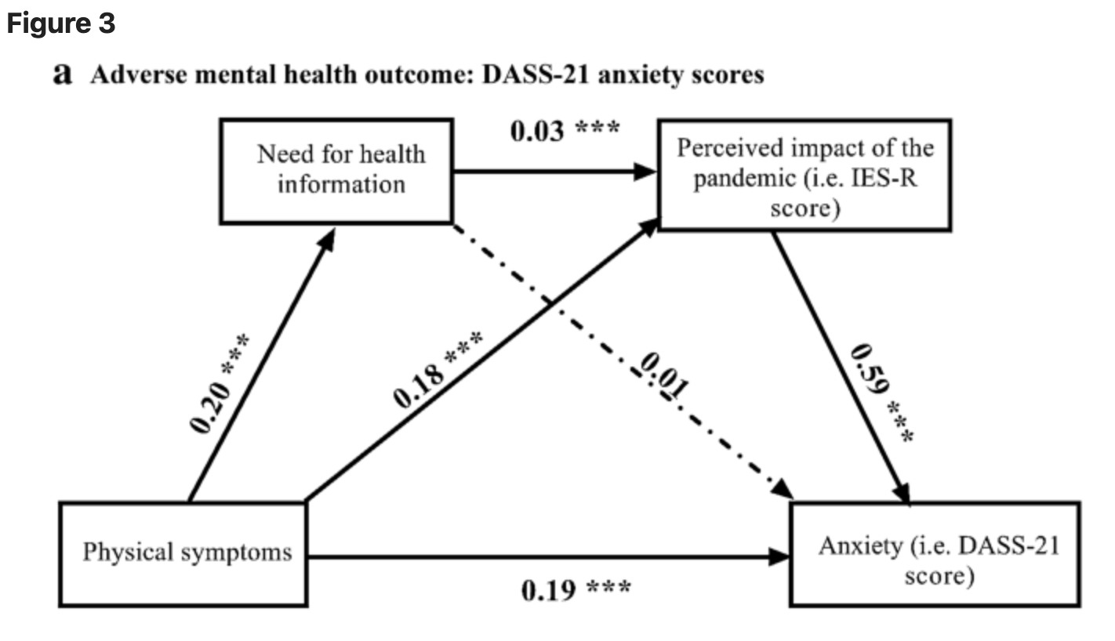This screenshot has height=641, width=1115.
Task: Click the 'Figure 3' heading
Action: click(x=60, y=24)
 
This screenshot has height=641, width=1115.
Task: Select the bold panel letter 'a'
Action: click(x=63, y=74)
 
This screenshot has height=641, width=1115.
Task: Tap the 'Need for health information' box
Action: click(x=336, y=172)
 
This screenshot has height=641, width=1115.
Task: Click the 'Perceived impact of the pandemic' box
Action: click(x=805, y=176)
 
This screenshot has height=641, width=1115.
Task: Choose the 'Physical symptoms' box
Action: click(x=183, y=555)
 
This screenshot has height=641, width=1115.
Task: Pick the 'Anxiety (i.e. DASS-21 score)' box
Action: click(x=935, y=555)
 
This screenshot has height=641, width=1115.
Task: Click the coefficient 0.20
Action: click(x=210, y=407)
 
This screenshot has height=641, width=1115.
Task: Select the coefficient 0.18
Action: click(x=418, y=386)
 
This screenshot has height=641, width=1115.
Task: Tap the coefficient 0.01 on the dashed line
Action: click(x=664, y=375)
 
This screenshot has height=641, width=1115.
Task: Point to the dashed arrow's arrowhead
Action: click(x=783, y=488)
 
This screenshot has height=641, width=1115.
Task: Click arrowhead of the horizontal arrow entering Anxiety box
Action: click(x=779, y=557)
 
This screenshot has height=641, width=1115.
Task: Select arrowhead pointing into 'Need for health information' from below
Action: click(x=328, y=241)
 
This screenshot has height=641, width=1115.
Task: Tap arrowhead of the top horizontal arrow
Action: click(x=645, y=172)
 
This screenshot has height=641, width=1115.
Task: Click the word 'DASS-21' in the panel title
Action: click(x=536, y=75)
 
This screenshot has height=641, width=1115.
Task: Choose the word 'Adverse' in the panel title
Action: click(x=139, y=75)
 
